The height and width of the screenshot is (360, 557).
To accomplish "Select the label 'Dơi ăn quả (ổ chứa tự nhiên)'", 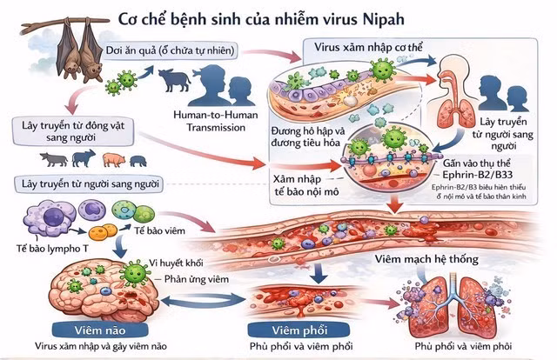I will coord(173,50).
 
